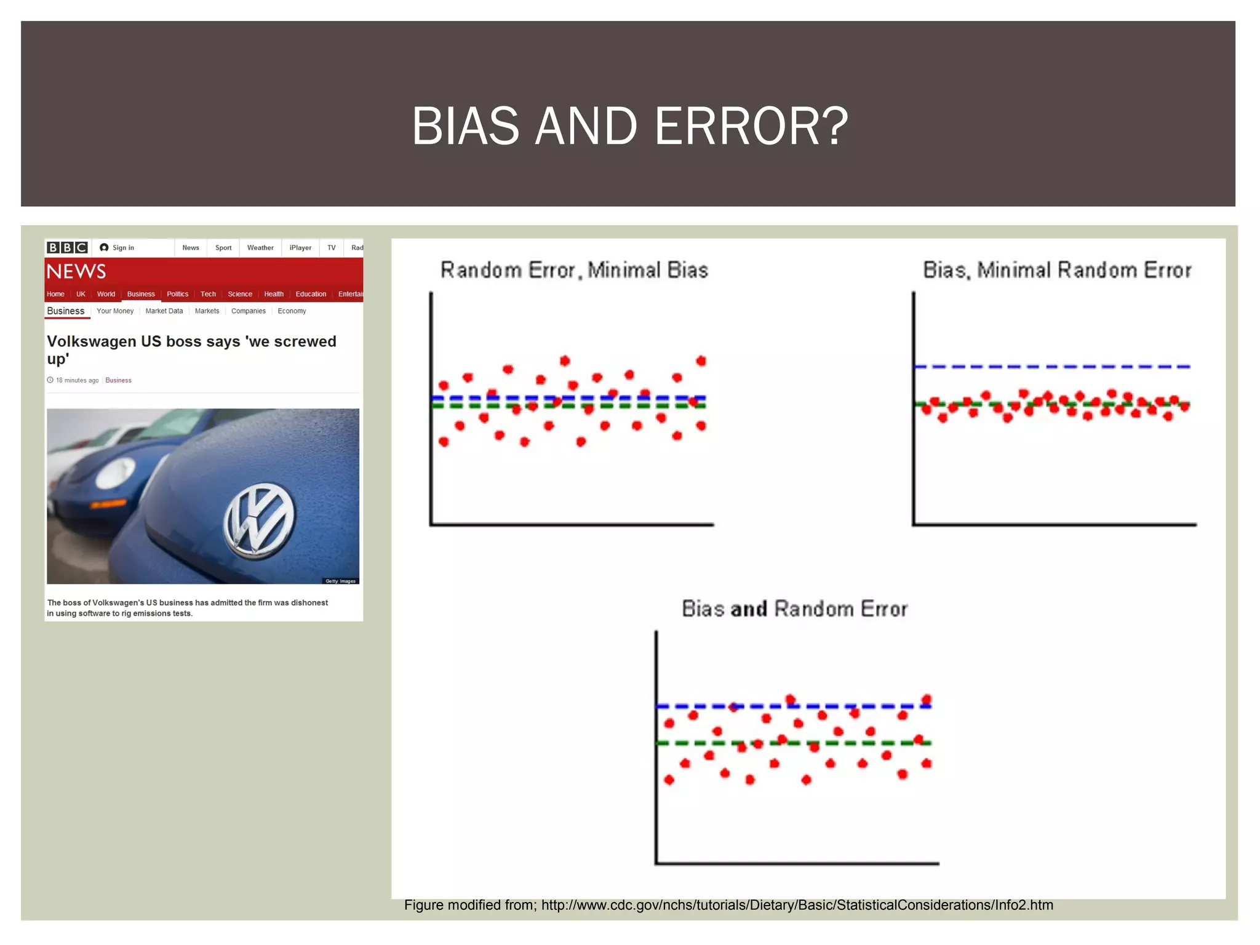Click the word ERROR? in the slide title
[751, 127]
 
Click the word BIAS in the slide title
[465, 127]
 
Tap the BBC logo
[68, 247]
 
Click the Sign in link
[122, 248]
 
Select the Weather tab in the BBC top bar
[260, 248]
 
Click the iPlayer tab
[300, 248]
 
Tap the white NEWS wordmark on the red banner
[76, 271]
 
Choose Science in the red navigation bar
[240, 294]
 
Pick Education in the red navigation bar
[311, 294]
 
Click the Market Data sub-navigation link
[164, 311]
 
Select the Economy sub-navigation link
[292, 311]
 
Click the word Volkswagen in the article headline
[92, 341]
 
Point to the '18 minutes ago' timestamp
[77, 380]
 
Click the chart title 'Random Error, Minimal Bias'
[574, 270]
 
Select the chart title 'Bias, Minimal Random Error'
[1057, 270]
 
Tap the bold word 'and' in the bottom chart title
[749, 609]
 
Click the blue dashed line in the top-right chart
[1052, 367]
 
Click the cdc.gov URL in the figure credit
[797, 905]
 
